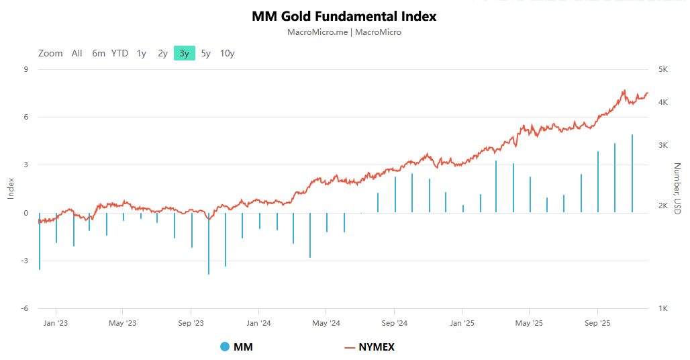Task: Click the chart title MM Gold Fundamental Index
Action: (344, 16)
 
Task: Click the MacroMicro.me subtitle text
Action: (344, 32)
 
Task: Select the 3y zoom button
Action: (184, 53)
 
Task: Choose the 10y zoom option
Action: (227, 53)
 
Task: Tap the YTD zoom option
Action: (119, 53)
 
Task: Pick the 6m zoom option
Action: (99, 53)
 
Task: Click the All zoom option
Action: (77, 53)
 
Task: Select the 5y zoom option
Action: (205, 53)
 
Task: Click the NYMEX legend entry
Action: (369, 347)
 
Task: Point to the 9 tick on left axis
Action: (26, 69)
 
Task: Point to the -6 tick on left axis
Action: (24, 308)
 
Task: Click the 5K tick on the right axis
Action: (662, 69)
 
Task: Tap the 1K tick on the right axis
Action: (662, 308)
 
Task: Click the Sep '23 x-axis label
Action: (191, 323)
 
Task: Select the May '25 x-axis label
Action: (529, 323)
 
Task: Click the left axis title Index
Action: (10, 189)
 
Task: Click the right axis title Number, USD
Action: (677, 189)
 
